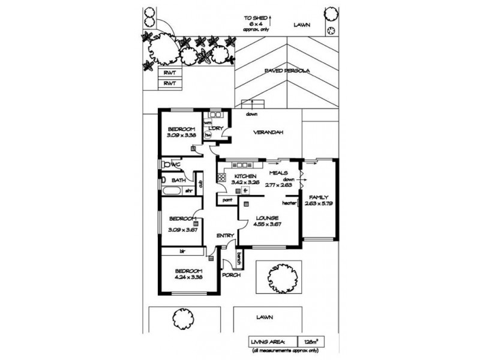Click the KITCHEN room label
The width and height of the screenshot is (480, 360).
click(x=237, y=176)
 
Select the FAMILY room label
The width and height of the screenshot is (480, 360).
click(x=319, y=197)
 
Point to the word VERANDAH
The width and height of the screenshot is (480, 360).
click(x=268, y=133)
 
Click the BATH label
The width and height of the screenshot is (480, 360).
click(x=178, y=180)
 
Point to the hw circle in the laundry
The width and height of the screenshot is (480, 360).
click(x=208, y=136)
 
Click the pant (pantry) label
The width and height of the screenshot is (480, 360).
click(x=227, y=199)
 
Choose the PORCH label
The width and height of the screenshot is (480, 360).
click(x=231, y=275)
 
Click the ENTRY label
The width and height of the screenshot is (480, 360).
click(x=225, y=235)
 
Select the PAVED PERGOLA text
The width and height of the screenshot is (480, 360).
click(x=286, y=71)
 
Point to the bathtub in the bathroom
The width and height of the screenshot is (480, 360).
click(x=171, y=191)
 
